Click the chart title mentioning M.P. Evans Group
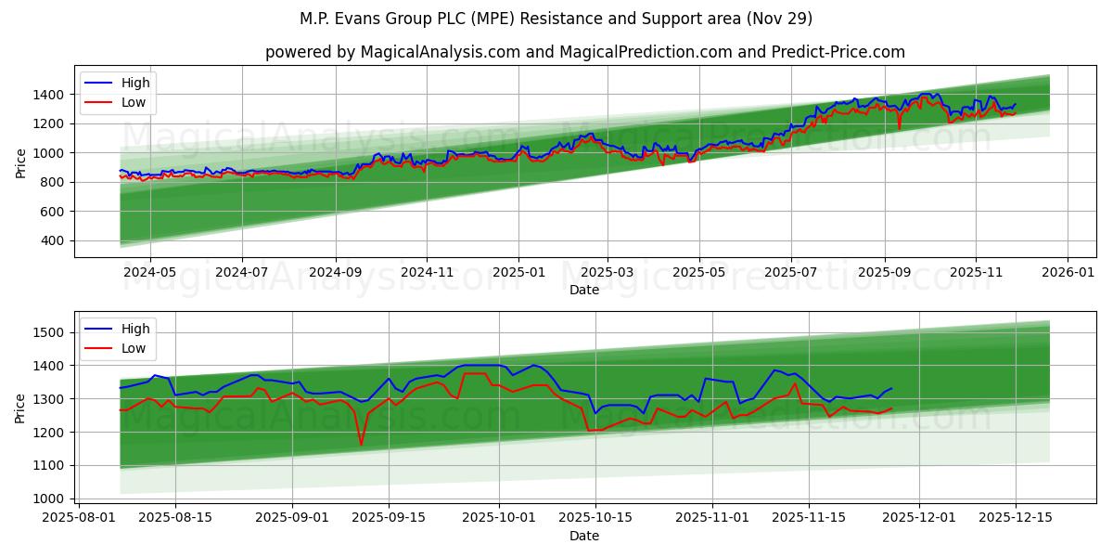tap(556, 19)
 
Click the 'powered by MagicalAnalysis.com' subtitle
tap(584, 52)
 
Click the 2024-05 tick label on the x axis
tap(149, 272)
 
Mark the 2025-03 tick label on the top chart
tap(608, 272)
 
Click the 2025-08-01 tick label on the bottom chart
tap(79, 518)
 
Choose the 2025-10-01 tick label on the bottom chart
tap(498, 518)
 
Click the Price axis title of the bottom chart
tap(20, 408)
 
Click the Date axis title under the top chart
tap(584, 290)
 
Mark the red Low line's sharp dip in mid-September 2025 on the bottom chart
tap(362, 445)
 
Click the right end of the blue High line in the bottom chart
tap(891, 388)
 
